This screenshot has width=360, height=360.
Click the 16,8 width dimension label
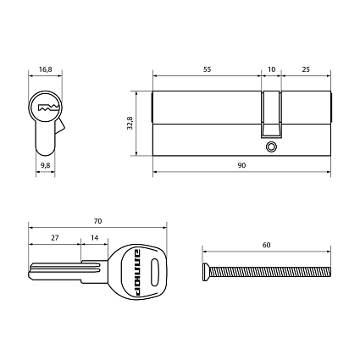(x=45, y=69)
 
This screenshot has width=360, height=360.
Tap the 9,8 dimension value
(x=45, y=165)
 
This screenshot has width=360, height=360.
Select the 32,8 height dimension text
(x=130, y=123)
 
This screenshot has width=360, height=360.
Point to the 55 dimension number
(x=207, y=69)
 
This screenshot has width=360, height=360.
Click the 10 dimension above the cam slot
(x=271, y=69)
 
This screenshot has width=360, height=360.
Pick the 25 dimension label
(x=306, y=69)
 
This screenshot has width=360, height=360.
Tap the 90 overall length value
(x=241, y=165)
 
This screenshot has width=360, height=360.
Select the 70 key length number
(x=97, y=221)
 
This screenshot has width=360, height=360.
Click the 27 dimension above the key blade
(x=55, y=238)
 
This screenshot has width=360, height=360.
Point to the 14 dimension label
(x=95, y=238)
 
